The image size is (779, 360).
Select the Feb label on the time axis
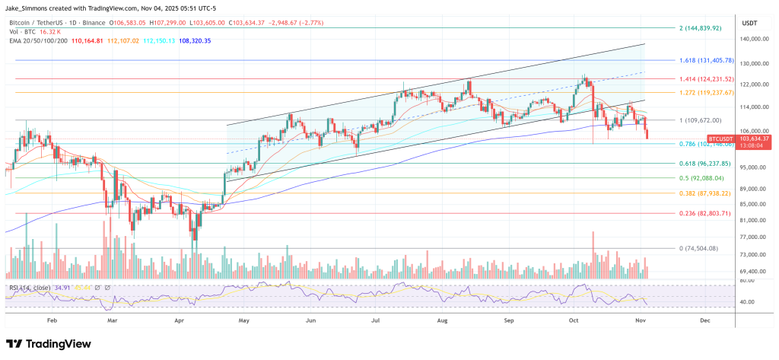[52, 321]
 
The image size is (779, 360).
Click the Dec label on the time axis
[705, 321]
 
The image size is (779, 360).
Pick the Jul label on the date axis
[376, 321]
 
